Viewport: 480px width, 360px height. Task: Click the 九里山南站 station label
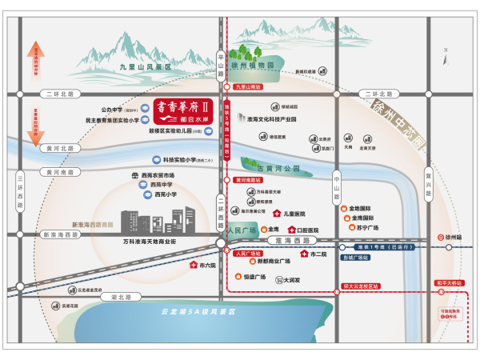pyautogui.click(x=243, y=86)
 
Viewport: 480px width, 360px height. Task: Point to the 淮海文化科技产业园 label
pyautogui.click(x=272, y=119)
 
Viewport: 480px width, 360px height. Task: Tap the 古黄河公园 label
pyautogui.click(x=277, y=169)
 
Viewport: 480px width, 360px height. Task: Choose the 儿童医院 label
pyautogui.click(x=295, y=214)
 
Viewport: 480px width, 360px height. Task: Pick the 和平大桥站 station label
pyautogui.click(x=449, y=282)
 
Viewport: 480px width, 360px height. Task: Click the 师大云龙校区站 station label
pyautogui.click(x=360, y=286)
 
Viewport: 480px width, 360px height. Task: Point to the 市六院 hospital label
pyautogui.click(x=206, y=265)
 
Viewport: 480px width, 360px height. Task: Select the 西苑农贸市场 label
pyautogui.click(x=158, y=175)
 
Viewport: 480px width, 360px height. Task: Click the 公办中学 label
pyautogui.click(x=117, y=110)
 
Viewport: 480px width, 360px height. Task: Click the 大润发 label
pyautogui.click(x=290, y=280)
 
